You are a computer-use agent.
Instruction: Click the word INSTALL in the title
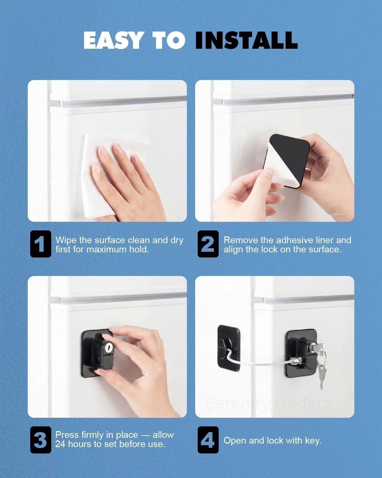(x=246, y=40)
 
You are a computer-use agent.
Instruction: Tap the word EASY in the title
(x=113, y=40)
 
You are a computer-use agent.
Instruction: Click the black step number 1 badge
(x=41, y=244)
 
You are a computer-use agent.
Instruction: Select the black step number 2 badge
(x=208, y=244)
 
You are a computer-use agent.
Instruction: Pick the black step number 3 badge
(x=41, y=440)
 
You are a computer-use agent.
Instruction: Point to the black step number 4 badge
(x=208, y=440)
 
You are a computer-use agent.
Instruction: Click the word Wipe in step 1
(x=66, y=240)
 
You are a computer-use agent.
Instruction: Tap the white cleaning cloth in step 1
(x=111, y=176)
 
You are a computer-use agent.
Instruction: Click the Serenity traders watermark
(x=268, y=403)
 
